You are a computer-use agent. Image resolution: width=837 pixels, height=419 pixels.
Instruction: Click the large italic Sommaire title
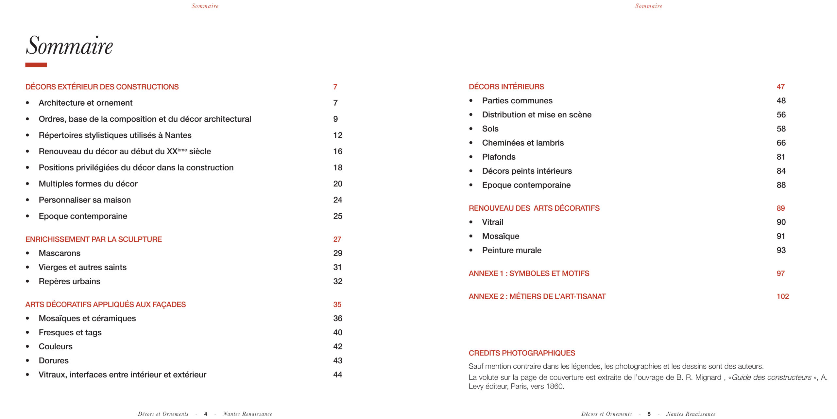click(69, 46)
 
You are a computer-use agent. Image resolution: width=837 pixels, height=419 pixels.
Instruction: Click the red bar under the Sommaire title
click(36, 65)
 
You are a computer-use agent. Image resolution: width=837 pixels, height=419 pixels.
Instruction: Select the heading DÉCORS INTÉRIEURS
click(506, 87)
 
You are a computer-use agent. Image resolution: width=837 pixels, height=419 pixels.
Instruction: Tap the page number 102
click(782, 296)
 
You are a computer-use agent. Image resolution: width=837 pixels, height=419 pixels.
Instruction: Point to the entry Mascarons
click(60, 253)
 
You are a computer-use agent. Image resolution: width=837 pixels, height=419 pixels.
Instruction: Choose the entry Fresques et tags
click(70, 332)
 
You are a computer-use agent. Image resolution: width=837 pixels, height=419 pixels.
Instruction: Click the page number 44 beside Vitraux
click(337, 375)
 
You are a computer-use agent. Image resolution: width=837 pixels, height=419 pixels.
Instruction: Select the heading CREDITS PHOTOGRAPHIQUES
click(522, 353)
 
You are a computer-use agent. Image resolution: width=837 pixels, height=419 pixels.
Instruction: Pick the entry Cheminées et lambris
click(523, 143)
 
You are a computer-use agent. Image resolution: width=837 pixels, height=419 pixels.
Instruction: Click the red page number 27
click(337, 239)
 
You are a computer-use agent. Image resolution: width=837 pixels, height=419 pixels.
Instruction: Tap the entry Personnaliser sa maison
click(85, 200)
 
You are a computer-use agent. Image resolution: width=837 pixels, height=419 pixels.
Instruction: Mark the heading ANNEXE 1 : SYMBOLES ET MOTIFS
click(529, 273)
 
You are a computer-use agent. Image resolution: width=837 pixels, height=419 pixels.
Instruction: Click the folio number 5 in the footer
click(649, 414)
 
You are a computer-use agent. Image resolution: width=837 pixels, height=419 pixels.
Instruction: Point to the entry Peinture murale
click(512, 250)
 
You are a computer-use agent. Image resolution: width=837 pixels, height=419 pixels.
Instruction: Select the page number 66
click(781, 143)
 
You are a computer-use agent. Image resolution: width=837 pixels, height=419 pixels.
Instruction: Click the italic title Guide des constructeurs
click(771, 377)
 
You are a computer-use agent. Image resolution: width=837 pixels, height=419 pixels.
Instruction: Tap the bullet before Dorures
click(27, 361)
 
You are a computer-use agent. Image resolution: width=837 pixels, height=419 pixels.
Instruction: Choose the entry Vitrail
click(492, 222)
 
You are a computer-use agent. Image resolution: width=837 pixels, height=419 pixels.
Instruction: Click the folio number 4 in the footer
click(206, 414)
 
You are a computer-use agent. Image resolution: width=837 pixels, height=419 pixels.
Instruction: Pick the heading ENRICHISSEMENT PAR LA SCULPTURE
click(94, 239)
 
